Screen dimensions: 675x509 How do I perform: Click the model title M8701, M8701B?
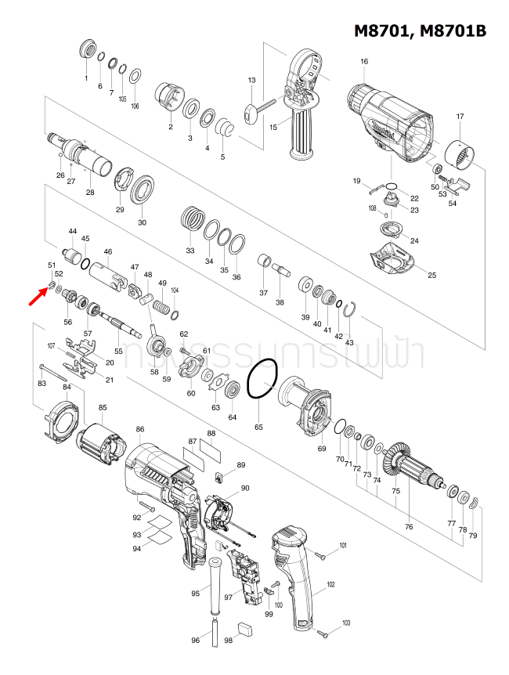coord(421,31)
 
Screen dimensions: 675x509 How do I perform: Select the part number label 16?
coord(364,62)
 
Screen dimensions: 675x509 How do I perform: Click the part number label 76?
coord(409,527)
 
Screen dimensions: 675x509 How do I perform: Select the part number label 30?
coord(142,222)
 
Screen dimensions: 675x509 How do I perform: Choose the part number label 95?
coord(196,594)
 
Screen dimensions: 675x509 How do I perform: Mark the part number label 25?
coord(431,274)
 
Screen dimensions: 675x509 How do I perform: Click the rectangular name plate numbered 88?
coord(211,452)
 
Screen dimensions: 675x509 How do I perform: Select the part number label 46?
coord(108,252)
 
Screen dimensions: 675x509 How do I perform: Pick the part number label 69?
coord(321,449)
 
